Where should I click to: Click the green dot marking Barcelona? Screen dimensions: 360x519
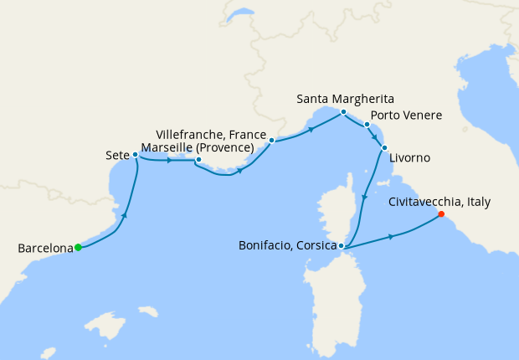(78, 247)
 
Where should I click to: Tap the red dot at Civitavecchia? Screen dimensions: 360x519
(440, 215)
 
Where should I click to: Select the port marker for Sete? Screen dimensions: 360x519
(135, 154)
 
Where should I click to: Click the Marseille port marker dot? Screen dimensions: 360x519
(198, 160)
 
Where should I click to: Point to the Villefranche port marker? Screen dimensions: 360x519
(272, 141)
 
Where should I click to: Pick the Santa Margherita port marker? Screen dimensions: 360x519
(343, 111)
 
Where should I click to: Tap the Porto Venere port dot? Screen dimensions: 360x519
(367, 125)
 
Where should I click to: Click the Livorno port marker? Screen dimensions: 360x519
(384, 148)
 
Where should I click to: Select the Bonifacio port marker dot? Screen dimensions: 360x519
(342, 246)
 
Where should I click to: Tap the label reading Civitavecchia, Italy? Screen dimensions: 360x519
(439, 202)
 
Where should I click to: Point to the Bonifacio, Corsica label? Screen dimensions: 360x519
(287, 246)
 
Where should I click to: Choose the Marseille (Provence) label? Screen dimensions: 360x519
(197, 147)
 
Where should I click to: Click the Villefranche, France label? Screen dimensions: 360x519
(212, 134)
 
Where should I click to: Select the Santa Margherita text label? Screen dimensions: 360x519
(345, 99)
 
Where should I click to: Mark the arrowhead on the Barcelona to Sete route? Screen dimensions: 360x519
(125, 216)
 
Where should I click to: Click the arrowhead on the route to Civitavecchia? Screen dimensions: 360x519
(392, 237)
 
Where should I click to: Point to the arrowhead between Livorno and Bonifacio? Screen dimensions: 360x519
(364, 198)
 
